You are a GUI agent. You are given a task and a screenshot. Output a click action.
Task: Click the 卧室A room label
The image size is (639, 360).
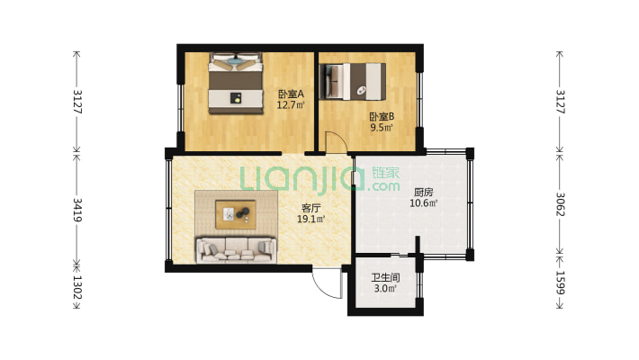(x=291, y=94)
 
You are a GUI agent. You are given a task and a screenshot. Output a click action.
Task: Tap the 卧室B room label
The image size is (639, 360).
(x=382, y=117)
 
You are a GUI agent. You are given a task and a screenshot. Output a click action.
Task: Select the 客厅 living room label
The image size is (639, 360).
(x=310, y=208)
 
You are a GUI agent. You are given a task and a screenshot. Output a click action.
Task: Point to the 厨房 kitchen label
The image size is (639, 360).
(x=423, y=192)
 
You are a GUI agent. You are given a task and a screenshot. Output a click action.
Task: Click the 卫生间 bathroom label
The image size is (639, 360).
(x=385, y=278)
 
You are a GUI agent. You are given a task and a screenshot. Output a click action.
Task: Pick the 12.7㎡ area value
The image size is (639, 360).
(x=291, y=105)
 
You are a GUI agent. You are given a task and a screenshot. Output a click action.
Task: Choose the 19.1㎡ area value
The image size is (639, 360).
(x=310, y=220)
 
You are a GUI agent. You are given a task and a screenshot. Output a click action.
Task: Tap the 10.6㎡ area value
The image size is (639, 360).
(x=423, y=203)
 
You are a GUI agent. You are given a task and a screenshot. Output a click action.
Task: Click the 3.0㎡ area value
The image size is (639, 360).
(x=385, y=289)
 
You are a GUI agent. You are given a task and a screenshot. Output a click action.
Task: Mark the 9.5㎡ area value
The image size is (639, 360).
(x=382, y=128)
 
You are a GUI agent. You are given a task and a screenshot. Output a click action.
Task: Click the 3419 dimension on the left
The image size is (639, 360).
(x=77, y=210)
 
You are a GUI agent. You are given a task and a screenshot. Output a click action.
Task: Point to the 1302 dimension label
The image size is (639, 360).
(x=77, y=287)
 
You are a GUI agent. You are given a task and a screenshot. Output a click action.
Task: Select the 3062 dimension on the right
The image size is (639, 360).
(x=561, y=204)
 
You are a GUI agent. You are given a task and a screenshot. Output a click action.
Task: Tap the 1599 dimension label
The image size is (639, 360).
(x=561, y=283)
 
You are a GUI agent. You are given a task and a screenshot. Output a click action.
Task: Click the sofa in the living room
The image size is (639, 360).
(x=237, y=249)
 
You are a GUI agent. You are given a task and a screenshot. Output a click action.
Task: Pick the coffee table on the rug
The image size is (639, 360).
(x=236, y=214)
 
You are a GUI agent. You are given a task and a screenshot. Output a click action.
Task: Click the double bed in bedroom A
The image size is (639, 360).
(x=236, y=83)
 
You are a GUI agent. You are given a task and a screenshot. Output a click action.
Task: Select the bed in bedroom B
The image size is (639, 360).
(x=353, y=82)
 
